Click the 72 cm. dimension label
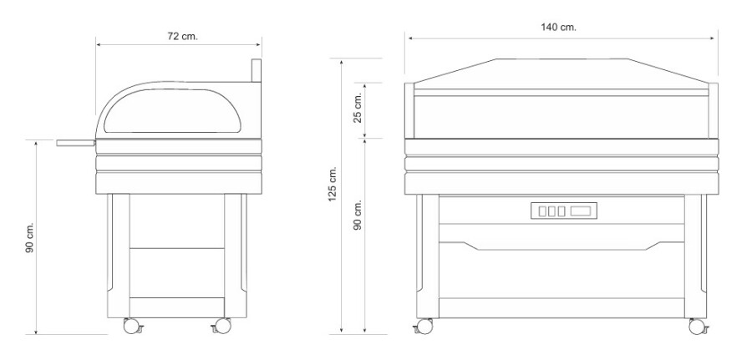(182, 37)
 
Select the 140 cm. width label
(559, 28)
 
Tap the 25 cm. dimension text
(358, 109)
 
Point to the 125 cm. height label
(333, 185)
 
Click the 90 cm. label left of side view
(30, 238)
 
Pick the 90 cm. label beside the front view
(358, 215)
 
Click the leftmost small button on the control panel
(542, 211)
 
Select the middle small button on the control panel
(552, 211)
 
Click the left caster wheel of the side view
(132, 326)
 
